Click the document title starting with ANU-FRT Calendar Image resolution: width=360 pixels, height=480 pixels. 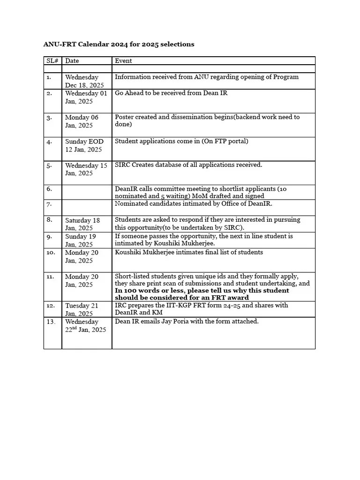119,44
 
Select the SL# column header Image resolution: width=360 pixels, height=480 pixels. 52,61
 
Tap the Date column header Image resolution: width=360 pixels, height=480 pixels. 72,61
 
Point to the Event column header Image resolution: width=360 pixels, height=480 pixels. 123,61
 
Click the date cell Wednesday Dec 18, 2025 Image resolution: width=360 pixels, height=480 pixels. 84,81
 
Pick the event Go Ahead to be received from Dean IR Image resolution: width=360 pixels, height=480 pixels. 171,93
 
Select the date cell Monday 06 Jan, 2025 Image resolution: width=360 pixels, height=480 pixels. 82,121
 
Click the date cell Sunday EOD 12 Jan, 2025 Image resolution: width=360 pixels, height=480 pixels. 84,145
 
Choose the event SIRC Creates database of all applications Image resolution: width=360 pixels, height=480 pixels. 188,165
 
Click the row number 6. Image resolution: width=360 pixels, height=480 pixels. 49,188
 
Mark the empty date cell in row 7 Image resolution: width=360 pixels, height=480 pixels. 87,208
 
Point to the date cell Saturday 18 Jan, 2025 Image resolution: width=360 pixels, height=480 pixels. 82,224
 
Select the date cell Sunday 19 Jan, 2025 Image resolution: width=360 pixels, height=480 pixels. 80,240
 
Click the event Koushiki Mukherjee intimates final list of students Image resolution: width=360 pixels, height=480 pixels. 189,252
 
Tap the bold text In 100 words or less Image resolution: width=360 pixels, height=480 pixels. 150,291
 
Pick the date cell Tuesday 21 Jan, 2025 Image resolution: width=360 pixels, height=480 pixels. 82,309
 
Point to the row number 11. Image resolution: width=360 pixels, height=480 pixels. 50,277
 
